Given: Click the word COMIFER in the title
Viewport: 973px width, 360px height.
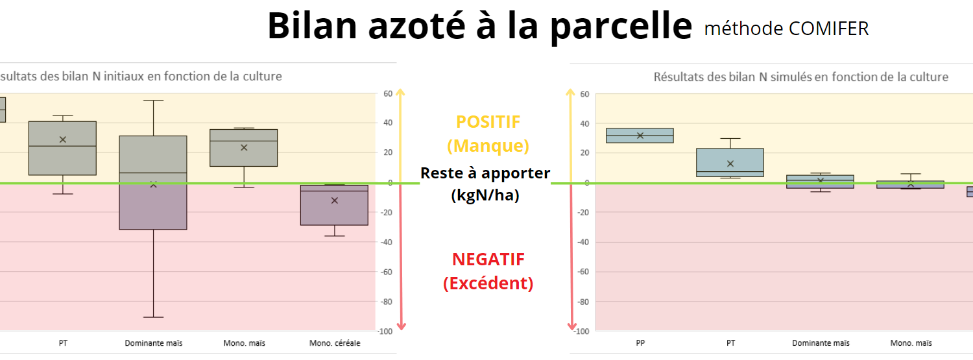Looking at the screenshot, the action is click(x=828, y=29).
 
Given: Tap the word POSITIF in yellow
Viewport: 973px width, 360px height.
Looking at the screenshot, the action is click(x=488, y=122).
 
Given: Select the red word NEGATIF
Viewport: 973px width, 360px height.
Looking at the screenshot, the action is click(x=488, y=259).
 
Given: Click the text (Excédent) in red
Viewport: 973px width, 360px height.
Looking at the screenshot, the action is click(x=488, y=283).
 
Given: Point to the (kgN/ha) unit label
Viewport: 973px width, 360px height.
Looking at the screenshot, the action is click(x=485, y=195).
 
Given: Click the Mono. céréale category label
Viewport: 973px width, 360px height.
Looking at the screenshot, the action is click(x=335, y=343).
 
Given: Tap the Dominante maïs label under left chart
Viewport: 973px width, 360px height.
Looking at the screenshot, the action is click(x=153, y=343).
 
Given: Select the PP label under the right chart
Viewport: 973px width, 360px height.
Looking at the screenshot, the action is click(x=640, y=343).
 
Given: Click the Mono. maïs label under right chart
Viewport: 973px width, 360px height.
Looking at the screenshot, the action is click(x=911, y=343).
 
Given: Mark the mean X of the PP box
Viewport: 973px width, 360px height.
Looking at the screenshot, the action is click(x=640, y=136).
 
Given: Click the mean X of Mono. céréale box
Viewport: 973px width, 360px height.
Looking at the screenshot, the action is click(x=335, y=200).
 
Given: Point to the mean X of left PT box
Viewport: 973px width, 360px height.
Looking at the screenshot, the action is click(x=63, y=139).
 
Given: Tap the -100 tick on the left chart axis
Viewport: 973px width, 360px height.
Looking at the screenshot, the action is click(x=385, y=331).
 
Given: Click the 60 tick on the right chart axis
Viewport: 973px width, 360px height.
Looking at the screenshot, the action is click(x=584, y=94).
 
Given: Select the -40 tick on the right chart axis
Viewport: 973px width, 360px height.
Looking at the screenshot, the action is click(x=583, y=242).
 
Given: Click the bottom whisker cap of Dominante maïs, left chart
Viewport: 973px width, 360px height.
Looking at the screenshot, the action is click(x=153, y=317).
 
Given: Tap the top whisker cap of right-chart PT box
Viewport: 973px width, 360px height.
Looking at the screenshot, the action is click(x=730, y=139).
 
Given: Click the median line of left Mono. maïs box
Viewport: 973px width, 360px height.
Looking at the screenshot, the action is click(x=244, y=141).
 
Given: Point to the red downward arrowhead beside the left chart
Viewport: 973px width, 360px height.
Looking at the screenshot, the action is click(x=402, y=326).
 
